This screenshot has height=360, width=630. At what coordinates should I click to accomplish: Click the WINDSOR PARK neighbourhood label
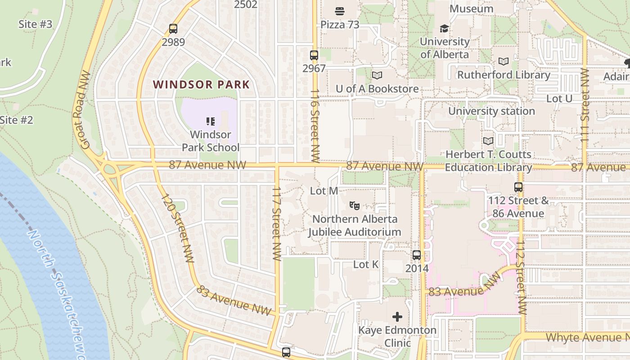tap(201, 84)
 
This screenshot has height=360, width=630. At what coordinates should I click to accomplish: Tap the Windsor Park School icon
tap(210, 121)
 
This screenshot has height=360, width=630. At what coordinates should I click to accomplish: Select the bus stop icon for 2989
tap(173, 29)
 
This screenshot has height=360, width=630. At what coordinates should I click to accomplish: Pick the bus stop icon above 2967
tap(314, 55)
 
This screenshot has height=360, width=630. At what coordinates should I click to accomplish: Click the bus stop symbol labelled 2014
tap(417, 255)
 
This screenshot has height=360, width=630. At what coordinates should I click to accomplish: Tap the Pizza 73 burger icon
tap(340, 11)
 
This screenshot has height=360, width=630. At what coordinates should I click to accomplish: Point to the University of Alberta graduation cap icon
tap(445, 29)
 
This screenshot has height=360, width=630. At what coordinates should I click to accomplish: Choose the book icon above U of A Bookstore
tap(377, 76)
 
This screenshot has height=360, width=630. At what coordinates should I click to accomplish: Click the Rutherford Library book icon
tap(504, 62)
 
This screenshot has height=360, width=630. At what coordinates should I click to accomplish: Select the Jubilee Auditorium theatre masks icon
tap(355, 206)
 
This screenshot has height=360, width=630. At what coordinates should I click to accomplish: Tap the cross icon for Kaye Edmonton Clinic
tap(397, 317)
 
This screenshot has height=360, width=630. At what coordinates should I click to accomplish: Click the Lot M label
tap(324, 191)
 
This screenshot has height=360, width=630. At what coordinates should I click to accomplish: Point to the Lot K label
tap(366, 265)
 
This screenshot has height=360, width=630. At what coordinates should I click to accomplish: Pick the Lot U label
tap(559, 98)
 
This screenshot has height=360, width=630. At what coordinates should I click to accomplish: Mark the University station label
tap(491, 111)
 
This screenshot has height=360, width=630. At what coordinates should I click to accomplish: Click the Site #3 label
tap(35, 24)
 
